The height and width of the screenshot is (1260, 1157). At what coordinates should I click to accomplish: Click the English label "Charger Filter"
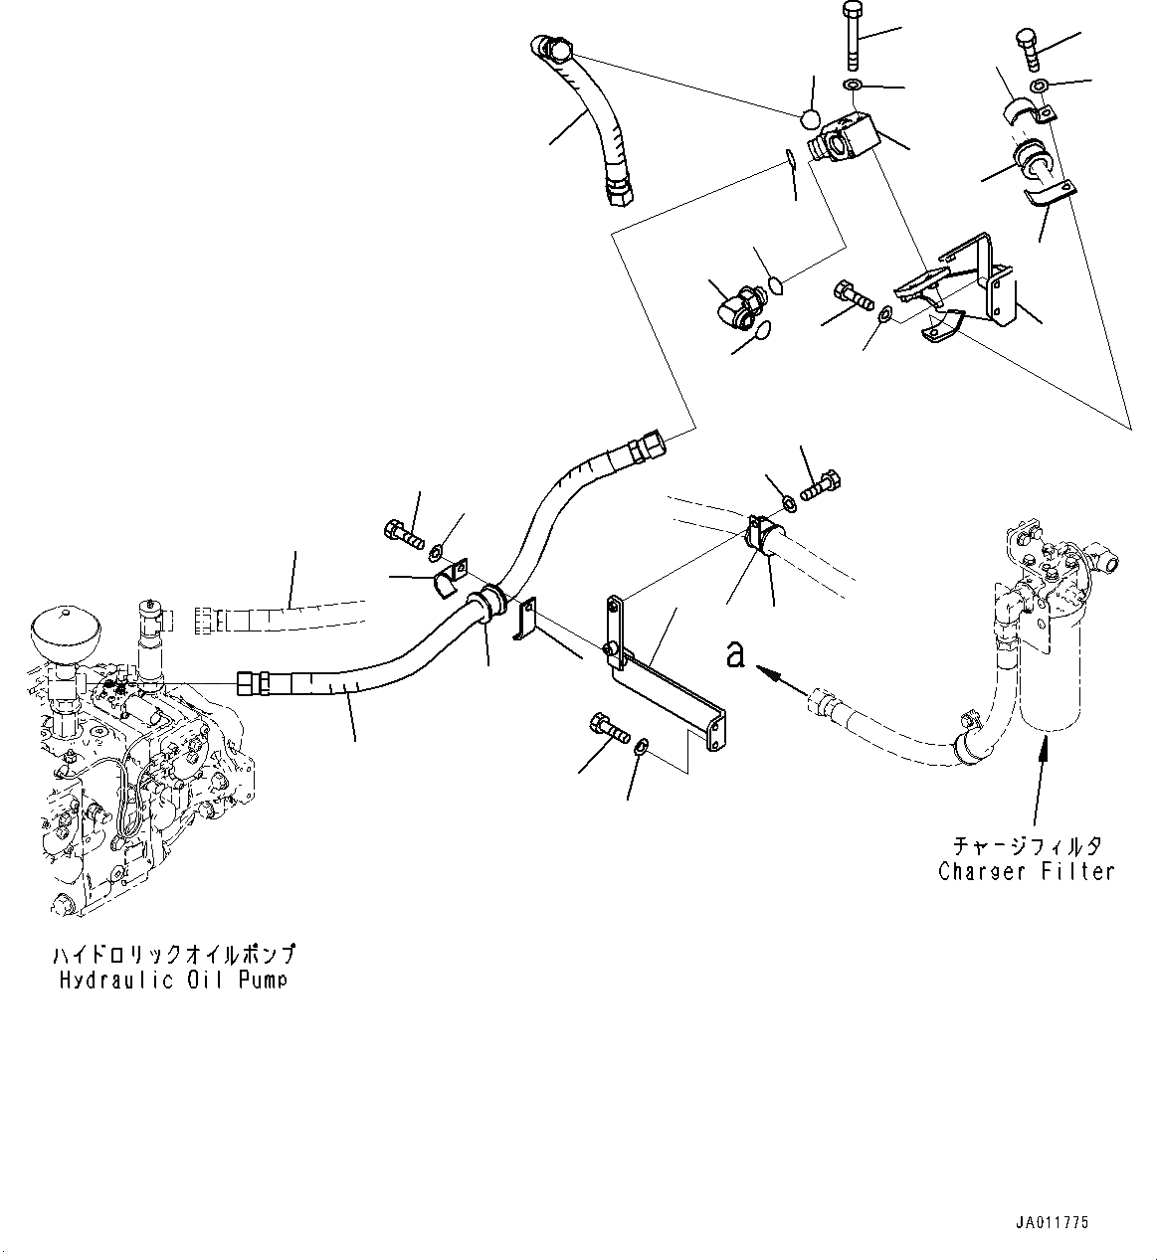click(1026, 871)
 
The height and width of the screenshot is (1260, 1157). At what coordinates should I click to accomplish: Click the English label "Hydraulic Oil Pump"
click(172, 980)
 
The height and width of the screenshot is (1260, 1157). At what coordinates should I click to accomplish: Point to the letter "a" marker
click(735, 655)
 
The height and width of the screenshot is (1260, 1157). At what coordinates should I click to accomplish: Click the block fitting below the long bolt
click(845, 137)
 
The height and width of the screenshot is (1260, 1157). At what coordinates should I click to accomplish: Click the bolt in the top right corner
click(1028, 49)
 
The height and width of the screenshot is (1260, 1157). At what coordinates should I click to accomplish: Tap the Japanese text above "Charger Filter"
click(1027, 846)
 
